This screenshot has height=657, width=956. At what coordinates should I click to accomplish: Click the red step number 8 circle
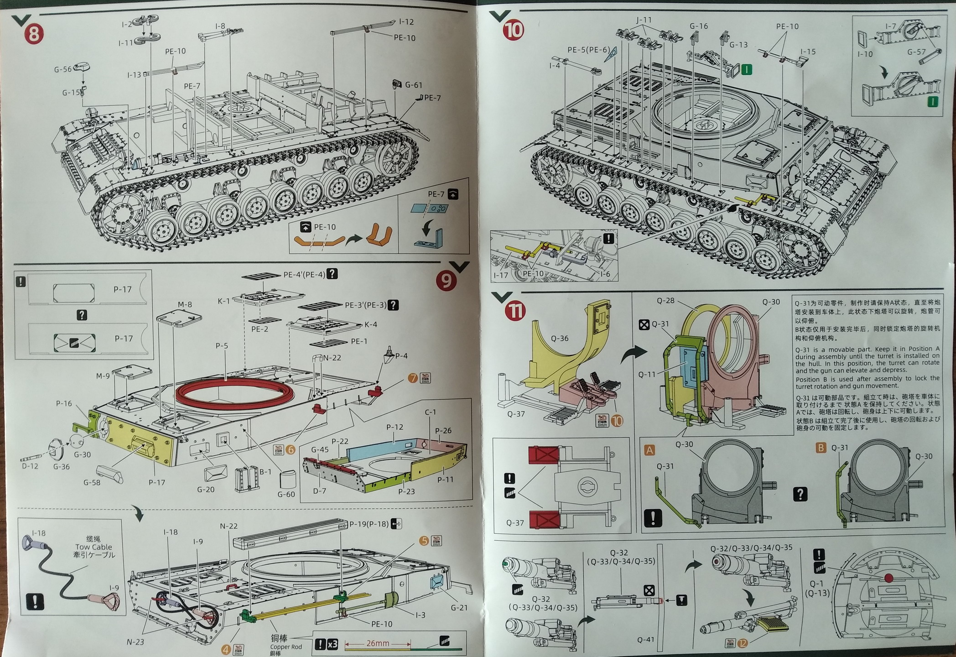click(x=33, y=34)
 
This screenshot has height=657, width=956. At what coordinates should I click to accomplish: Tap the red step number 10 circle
click(x=513, y=31)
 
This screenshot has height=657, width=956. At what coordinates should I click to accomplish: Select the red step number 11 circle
click(x=516, y=311)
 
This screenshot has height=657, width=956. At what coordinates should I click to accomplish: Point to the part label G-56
click(x=63, y=69)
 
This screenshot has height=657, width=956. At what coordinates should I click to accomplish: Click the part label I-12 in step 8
click(x=406, y=21)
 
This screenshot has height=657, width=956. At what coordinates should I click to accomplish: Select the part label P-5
click(x=222, y=346)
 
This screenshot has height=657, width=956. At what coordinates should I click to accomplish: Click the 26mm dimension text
click(x=378, y=643)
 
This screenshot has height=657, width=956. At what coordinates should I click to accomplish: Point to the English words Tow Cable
click(x=94, y=547)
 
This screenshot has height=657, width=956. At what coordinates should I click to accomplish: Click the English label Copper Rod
click(x=286, y=647)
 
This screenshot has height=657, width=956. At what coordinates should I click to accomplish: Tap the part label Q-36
click(x=560, y=338)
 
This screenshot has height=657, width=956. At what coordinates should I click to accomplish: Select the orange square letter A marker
click(x=649, y=450)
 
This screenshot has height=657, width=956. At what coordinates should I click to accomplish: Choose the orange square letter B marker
click(x=821, y=448)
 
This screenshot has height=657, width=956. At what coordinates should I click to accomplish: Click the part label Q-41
click(x=645, y=640)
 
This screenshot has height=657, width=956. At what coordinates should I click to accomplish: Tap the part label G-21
click(x=459, y=608)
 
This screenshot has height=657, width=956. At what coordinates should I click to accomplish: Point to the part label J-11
click(x=644, y=20)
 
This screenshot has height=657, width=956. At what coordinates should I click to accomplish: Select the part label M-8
click(x=185, y=304)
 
